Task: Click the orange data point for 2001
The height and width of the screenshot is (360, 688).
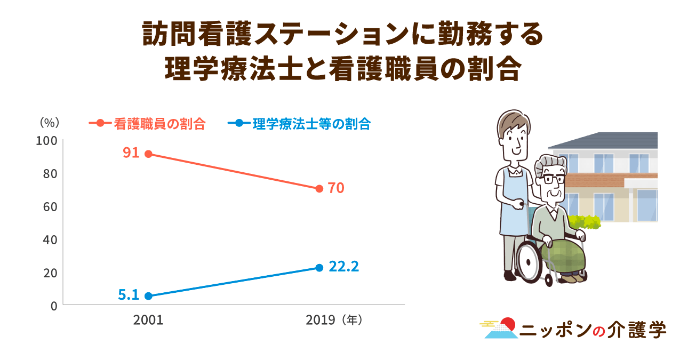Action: coord(148,154)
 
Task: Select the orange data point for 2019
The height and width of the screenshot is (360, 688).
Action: coord(319,188)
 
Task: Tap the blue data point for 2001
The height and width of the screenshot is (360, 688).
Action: coord(148,296)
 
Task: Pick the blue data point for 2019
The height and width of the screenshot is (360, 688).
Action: coord(319,267)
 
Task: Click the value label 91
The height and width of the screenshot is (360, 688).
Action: coord(131,153)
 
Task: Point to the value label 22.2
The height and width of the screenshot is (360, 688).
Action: coord(343,266)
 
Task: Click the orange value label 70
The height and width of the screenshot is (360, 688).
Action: coord(336,188)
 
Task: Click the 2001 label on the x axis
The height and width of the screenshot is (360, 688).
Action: coord(148,321)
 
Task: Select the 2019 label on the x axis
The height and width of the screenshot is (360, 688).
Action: coord(319,321)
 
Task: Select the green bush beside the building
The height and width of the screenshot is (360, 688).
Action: coord(585,221)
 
